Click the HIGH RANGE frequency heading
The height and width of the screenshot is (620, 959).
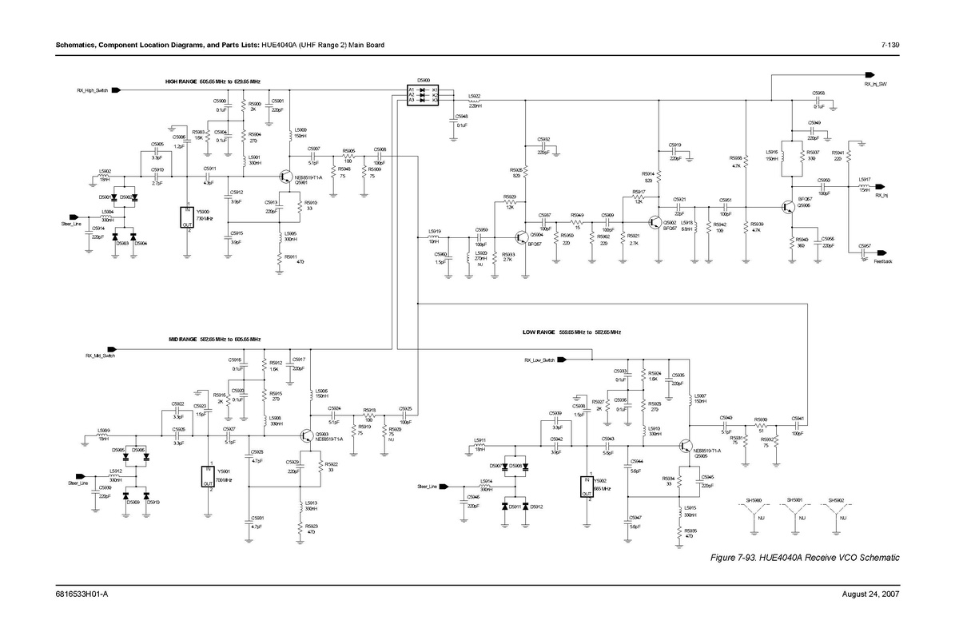pyautogui.click(x=213, y=81)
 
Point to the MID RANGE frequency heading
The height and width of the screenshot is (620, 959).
pyautogui.click(x=214, y=340)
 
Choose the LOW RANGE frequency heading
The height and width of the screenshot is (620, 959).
pyautogui.click(x=571, y=332)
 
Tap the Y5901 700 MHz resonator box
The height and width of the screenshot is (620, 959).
pyautogui.click(x=209, y=476)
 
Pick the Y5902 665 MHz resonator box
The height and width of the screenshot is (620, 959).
pyautogui.click(x=588, y=487)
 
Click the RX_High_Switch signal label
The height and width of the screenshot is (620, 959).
pyautogui.click(x=92, y=90)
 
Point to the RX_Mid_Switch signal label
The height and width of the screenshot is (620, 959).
pyautogui.click(x=100, y=355)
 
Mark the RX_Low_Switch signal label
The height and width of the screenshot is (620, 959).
pyautogui.click(x=539, y=360)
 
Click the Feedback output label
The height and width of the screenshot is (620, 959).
pyautogui.click(x=882, y=261)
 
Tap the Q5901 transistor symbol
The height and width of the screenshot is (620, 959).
pyautogui.click(x=285, y=176)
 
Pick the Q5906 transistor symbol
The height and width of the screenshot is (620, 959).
pyautogui.click(x=789, y=205)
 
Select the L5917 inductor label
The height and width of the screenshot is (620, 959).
pyautogui.click(x=865, y=180)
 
